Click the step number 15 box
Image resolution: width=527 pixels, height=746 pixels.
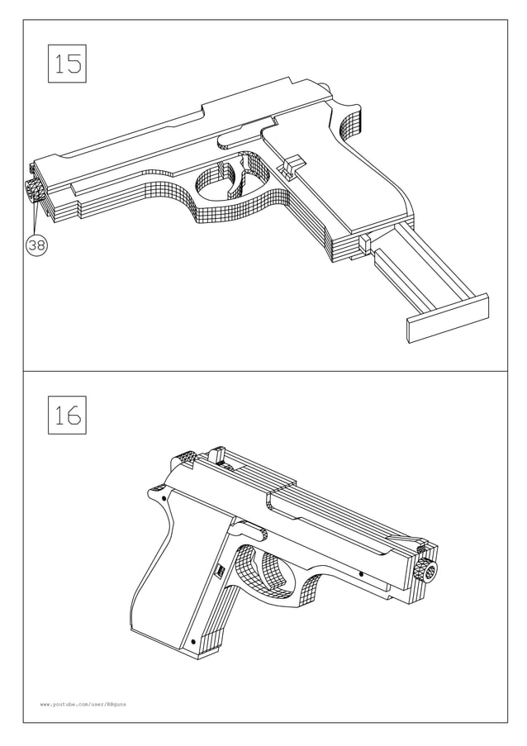(x=68, y=63)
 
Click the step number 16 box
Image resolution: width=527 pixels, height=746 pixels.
(x=67, y=415)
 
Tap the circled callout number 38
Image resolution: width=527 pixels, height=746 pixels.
(x=36, y=245)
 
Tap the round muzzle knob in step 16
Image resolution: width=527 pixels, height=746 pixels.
(x=426, y=570)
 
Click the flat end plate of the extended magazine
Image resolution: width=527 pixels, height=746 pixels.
(x=447, y=318)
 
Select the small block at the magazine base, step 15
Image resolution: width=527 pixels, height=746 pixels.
(x=363, y=245)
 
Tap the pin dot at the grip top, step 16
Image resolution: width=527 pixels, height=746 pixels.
(x=164, y=499)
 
